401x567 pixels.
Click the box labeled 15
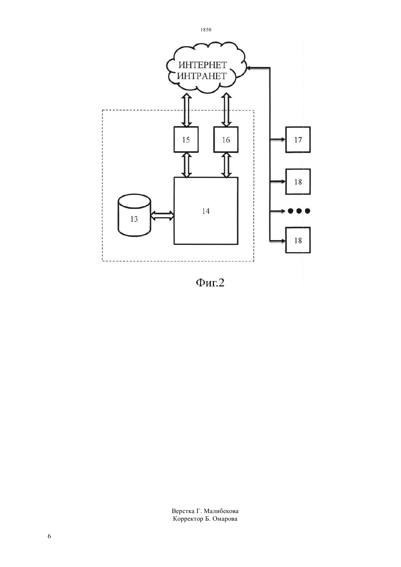pos(186,140)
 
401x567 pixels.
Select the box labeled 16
pos(226,140)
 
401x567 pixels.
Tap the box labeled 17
pos(298,140)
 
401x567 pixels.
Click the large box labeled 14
pos(206,211)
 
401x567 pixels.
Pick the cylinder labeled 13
pos(134,215)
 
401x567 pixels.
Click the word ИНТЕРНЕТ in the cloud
pos(203,65)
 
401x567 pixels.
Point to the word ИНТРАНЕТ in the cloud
pos(202,76)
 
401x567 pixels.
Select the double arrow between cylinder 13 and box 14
pos(162,216)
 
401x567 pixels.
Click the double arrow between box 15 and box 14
pos(186,165)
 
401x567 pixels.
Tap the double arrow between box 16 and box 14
pos(226,165)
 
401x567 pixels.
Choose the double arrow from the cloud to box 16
pos(226,110)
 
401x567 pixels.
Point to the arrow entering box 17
pos(278,139)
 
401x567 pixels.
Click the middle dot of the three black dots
pos(299,211)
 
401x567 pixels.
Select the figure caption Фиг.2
pos(210,283)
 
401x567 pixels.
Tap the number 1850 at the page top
pos(206,30)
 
